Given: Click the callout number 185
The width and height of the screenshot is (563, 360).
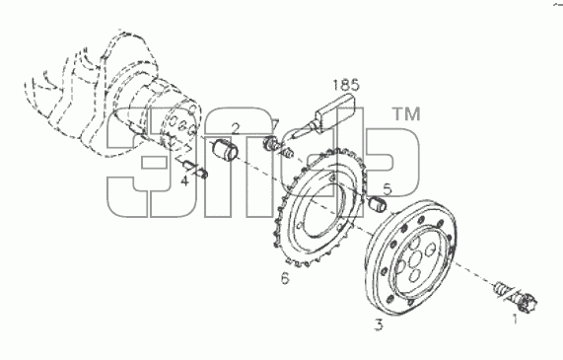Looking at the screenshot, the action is tap(345, 85).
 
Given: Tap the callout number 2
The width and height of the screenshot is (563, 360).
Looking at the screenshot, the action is tap(236, 128).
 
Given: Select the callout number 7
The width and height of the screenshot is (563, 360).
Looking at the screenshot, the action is tap(275, 125).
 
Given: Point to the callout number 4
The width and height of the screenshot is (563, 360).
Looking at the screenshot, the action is tap(184, 180).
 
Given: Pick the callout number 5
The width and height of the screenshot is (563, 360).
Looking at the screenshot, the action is tap(387, 189).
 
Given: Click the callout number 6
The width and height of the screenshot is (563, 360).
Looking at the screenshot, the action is tap(285, 278).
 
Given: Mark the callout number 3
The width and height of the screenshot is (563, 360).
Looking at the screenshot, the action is tap(379, 324).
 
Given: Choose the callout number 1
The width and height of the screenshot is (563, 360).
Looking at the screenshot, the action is tap(515, 319).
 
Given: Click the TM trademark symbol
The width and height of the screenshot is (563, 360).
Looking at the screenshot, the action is tap(406, 114).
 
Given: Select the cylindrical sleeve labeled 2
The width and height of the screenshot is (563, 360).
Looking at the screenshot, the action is tap(225, 150).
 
